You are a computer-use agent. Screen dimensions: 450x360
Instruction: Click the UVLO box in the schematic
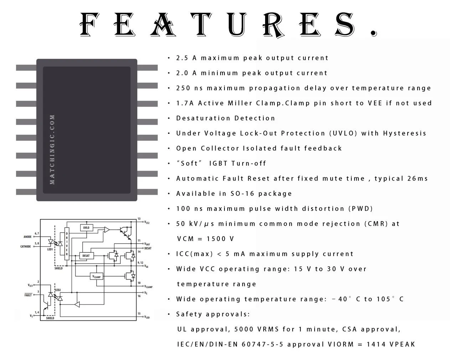87,228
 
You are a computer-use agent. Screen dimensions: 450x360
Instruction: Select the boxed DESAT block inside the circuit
87,256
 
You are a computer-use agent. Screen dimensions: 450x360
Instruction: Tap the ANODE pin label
27,237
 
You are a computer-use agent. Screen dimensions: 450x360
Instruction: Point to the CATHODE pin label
26,246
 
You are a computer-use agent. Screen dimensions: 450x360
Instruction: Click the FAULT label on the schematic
28,295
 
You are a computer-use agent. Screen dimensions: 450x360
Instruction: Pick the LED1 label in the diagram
50,249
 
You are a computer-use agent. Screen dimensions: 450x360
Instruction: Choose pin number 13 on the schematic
139,219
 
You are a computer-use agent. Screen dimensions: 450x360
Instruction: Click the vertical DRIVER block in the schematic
67,244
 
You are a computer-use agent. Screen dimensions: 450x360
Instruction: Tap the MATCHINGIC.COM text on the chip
52,150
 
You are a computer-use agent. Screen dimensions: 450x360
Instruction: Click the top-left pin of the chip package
26,68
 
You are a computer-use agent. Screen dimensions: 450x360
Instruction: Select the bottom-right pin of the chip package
148,192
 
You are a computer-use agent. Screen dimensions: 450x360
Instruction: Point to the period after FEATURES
374,33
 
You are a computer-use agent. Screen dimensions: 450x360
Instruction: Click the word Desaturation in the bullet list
203,118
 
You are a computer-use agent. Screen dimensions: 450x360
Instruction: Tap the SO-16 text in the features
242,193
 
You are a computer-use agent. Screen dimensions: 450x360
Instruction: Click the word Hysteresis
404,133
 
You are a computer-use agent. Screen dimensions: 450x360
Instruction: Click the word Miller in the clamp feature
240,103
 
